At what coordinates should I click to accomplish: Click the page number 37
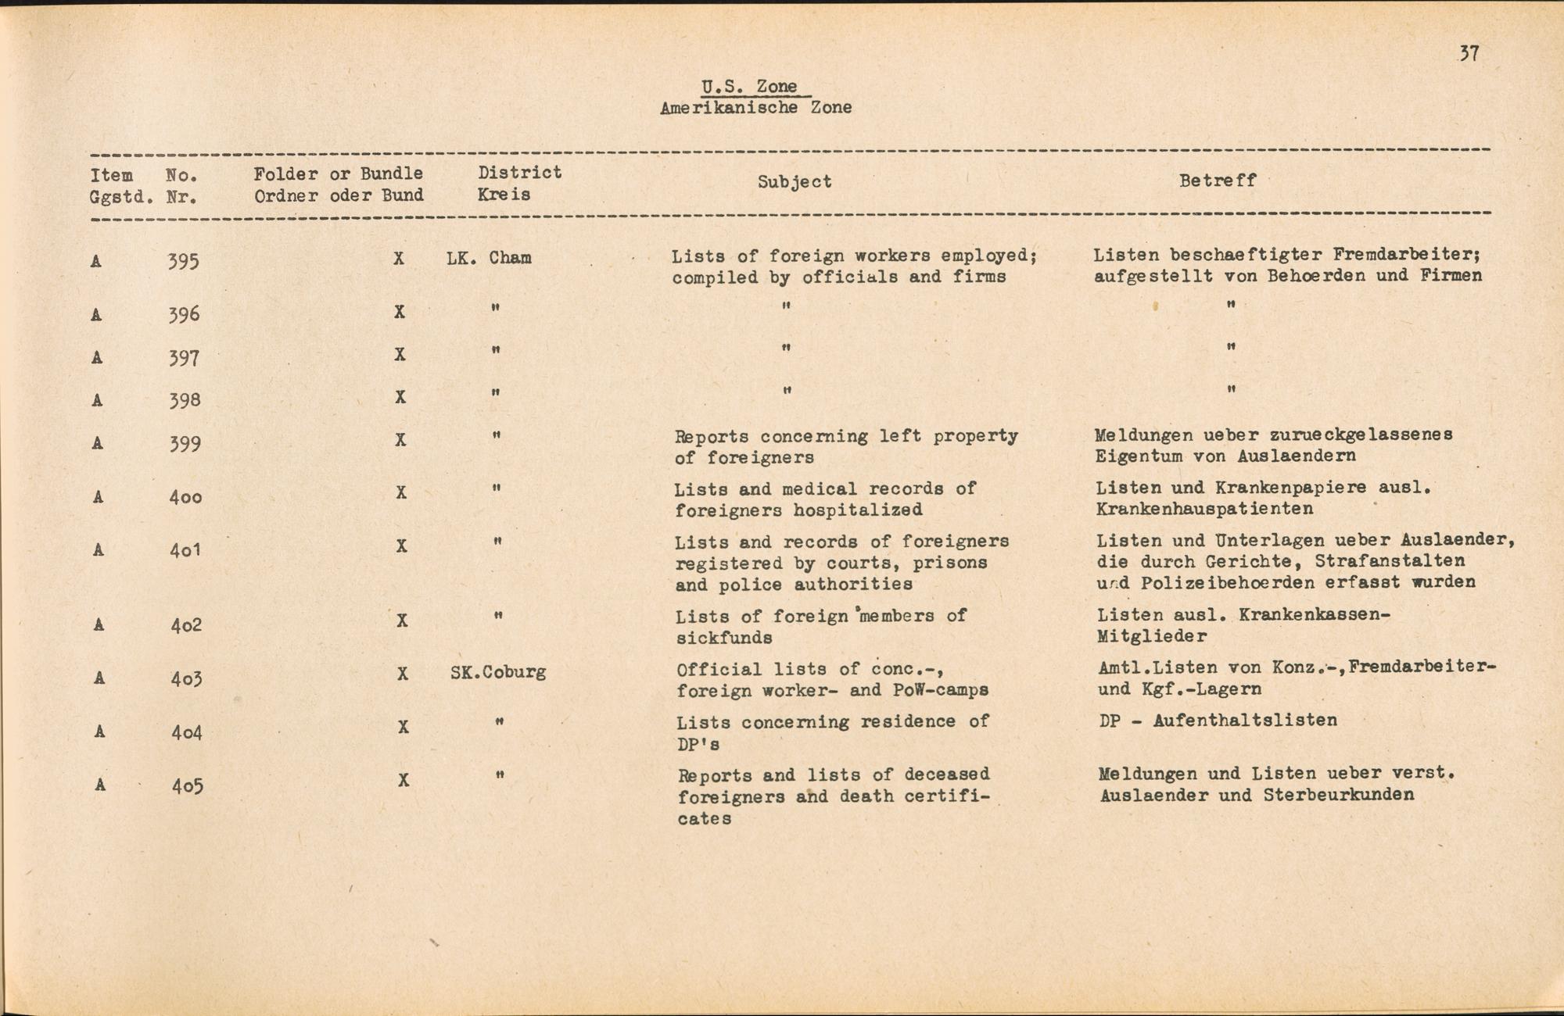tap(1469, 54)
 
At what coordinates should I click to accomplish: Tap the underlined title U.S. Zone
tap(749, 87)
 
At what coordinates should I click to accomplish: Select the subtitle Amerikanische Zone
tap(755, 108)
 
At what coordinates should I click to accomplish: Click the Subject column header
tap(794, 182)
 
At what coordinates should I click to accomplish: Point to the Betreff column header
tap(1218, 181)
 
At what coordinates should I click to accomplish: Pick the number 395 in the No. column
tap(183, 261)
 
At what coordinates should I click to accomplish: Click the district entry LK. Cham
tap(489, 258)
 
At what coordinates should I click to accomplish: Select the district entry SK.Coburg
tap(498, 672)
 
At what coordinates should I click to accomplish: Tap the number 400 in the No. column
tap(185, 496)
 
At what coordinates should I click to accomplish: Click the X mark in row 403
tap(402, 674)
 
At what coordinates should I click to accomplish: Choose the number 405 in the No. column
tap(188, 785)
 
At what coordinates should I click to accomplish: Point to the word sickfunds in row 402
tap(724, 638)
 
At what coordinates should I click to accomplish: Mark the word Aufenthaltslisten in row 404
tap(1245, 721)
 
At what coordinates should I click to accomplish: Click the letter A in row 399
tap(97, 443)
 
